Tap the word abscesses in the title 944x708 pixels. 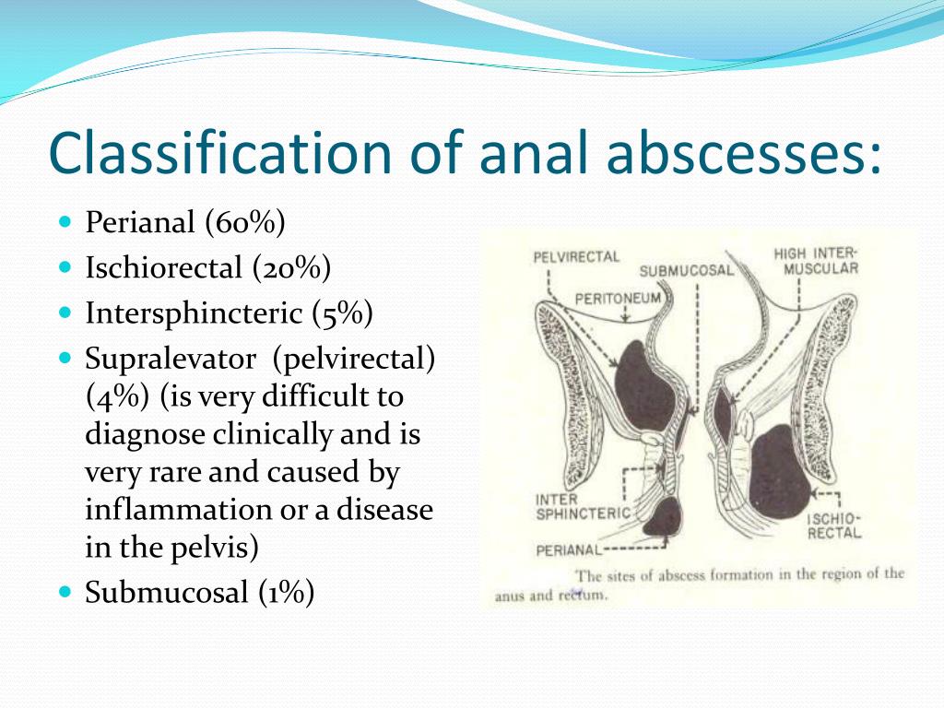744,151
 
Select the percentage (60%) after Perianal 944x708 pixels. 245,222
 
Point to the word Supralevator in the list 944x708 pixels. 171,360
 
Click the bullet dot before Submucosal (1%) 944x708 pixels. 65,591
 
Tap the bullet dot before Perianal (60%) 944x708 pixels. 65,221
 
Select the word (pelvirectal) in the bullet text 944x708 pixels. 353,360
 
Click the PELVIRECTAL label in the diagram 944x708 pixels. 576,258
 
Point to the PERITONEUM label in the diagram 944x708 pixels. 618,300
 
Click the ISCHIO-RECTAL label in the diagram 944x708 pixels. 834,525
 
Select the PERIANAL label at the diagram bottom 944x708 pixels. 568,550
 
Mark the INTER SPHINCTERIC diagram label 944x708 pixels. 583,507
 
